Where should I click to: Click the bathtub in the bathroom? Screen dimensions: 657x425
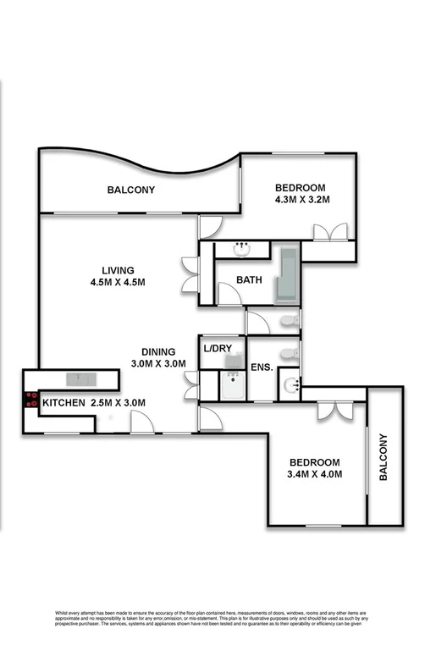point(286,275)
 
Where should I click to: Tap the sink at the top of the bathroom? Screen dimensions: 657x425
point(243,249)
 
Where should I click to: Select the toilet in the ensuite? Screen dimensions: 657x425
point(289,351)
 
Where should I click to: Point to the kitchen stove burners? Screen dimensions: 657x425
point(32,400)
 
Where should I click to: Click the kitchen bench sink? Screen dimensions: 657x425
point(82,378)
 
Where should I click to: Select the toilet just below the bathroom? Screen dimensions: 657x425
point(288,321)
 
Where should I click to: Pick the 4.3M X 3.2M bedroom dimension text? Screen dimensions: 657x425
point(301,201)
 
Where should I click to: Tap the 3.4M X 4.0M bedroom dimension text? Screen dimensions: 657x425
point(315,474)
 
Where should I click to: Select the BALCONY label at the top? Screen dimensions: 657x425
point(130,190)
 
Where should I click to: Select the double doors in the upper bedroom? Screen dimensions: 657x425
point(327,234)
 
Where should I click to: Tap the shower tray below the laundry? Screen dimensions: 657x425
point(232,385)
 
